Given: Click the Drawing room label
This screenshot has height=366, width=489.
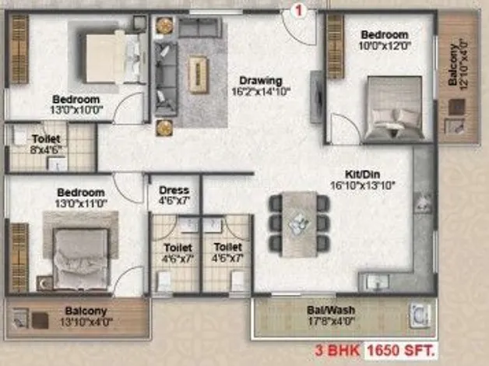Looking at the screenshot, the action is [261, 81].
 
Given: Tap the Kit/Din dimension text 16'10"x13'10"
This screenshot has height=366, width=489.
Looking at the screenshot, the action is [362, 185].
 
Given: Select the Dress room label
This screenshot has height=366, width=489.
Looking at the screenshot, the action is [174, 190].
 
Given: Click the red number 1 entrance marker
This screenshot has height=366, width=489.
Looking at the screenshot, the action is [299, 11].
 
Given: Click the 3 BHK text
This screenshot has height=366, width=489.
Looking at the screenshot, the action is [338, 350].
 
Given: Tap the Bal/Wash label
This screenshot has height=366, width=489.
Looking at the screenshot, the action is [331, 310].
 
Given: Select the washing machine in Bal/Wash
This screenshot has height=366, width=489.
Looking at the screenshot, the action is [420, 315].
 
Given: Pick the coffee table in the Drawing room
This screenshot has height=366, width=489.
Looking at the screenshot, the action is [198, 75].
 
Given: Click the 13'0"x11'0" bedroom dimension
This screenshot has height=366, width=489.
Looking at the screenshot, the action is [81, 203].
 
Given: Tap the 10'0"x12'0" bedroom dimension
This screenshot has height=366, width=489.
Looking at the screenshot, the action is [384, 46].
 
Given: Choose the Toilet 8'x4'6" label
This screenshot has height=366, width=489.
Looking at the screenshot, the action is [46, 144].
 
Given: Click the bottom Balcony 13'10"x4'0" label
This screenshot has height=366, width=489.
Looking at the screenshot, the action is [86, 316].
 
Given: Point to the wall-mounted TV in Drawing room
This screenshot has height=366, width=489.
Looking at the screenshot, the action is [316, 97].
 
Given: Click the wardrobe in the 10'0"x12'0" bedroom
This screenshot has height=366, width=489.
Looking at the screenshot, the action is [336, 47].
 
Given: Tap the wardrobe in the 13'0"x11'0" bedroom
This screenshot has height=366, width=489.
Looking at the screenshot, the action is [19, 258].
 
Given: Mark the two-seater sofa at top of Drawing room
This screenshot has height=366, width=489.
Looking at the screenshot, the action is [199, 28].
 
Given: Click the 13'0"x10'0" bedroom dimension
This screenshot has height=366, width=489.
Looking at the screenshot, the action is [77, 110].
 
